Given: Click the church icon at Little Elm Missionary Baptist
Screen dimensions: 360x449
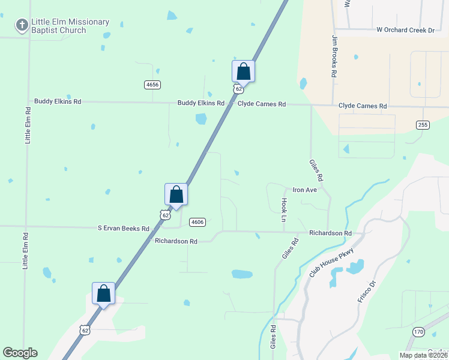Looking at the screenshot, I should (22, 25).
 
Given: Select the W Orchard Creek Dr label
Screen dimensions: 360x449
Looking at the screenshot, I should (405, 30).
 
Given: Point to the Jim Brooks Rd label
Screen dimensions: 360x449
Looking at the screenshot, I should (335, 56).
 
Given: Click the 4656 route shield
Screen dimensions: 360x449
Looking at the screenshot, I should (152, 85).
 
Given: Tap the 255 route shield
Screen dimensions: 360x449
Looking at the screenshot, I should (423, 124).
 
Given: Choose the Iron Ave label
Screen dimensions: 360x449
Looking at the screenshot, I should (304, 190).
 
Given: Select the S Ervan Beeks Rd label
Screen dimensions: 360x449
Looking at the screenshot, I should (124, 229).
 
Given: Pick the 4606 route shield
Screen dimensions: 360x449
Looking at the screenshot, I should (197, 222).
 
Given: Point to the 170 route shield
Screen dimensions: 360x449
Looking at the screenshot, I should (418, 331).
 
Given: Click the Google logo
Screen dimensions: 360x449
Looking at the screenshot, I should (20, 353).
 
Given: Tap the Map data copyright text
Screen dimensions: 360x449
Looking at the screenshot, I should (423, 355).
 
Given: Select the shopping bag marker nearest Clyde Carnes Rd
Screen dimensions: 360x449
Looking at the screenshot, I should (243, 71).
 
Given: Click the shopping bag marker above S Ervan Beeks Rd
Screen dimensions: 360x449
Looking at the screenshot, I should (176, 194).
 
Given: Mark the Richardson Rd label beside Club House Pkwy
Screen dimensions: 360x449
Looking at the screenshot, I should (330, 233).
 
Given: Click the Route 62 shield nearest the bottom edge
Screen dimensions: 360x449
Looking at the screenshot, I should (85, 330).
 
